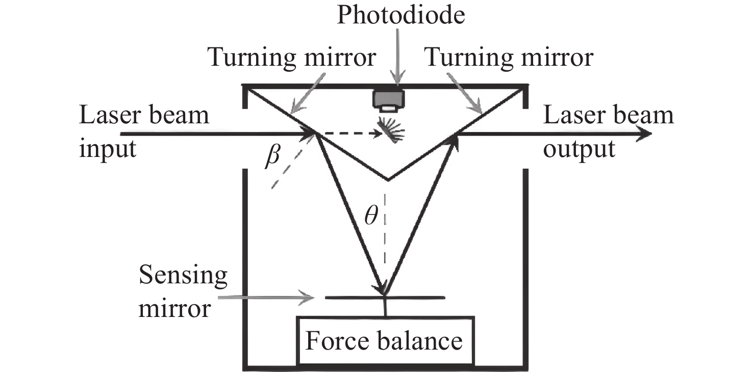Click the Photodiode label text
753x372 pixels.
tap(400, 15)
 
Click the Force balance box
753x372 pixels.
tap(385, 340)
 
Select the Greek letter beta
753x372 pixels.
tap(272, 155)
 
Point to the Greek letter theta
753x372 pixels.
tap(371, 215)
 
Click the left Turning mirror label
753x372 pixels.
tap(291, 57)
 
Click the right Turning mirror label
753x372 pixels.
tap(509, 57)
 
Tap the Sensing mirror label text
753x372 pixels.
tap(183, 291)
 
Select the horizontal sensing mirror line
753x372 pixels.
tap(385, 298)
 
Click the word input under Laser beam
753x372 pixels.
tap(108, 148)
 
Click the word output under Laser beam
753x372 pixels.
tap(579, 148)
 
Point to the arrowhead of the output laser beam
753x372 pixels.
tap(645, 134)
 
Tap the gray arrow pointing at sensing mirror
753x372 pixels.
tap(266, 298)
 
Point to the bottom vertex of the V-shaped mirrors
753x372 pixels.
tap(388, 180)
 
